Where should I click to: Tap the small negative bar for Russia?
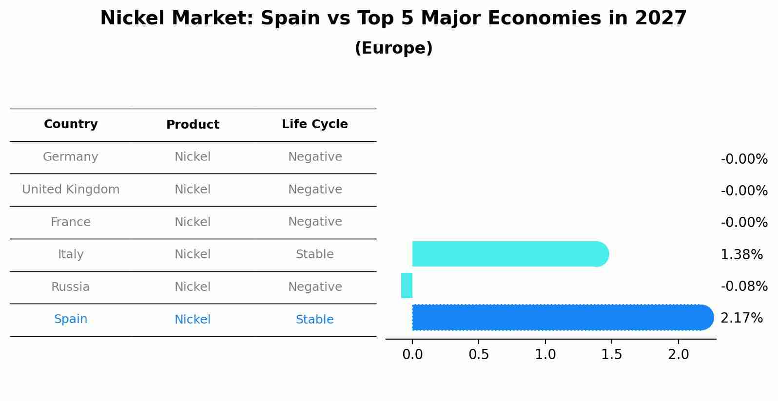coord(407,286)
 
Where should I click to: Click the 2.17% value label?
coord(741,318)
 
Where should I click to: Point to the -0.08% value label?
coord(744,286)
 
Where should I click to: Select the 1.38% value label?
coord(741,254)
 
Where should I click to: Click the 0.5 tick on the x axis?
coord(479,355)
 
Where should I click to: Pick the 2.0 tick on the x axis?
coord(678,355)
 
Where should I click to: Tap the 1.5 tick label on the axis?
coord(611,355)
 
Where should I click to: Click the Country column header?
coord(71,124)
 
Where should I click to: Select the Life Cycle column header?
coord(314,124)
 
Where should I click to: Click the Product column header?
coord(193,125)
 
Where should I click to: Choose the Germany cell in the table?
coord(71,157)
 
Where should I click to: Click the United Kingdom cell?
coord(71,190)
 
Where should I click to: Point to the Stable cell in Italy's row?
coord(314,254)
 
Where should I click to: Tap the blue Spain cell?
coord(71,319)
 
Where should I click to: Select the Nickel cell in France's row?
coord(193,222)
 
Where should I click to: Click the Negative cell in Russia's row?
coord(314,287)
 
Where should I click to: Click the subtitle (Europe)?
coord(393,48)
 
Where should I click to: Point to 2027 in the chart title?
coord(661,19)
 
